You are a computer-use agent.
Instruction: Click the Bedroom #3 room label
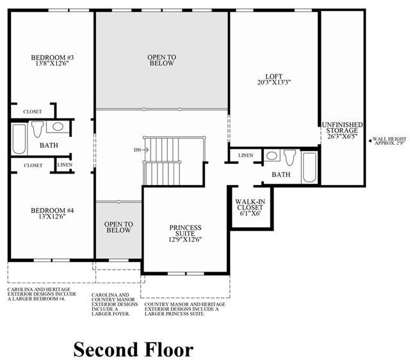pyautogui.click(x=53, y=57)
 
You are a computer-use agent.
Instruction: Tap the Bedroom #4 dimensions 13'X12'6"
pyautogui.click(x=52, y=217)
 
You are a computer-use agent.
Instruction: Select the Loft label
pyautogui.click(x=274, y=76)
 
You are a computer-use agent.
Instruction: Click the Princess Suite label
pyautogui.click(x=185, y=231)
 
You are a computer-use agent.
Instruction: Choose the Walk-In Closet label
pyautogui.click(x=250, y=204)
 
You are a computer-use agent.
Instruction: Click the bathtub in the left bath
pyautogui.click(x=19, y=138)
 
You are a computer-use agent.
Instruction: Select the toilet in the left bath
pyautogui.click(x=37, y=129)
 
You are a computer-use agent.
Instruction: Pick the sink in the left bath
pyautogui.click(x=58, y=127)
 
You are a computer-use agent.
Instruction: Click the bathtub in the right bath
pyautogui.click(x=309, y=167)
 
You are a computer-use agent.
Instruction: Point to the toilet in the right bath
pyautogui.click(x=290, y=158)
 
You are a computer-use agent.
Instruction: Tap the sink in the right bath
pyautogui.click(x=272, y=156)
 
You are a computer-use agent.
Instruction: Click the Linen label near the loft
pyautogui.click(x=246, y=155)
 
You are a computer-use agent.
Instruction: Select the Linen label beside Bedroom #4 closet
pyautogui.click(x=65, y=165)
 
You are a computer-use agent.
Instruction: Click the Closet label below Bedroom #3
pyautogui.click(x=33, y=111)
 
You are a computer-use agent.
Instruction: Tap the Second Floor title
pyautogui.click(x=133, y=350)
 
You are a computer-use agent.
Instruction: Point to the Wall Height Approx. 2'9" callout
pyautogui.click(x=388, y=141)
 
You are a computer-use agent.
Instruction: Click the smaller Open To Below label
pyautogui.click(x=119, y=227)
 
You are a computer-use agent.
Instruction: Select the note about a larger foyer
pyautogui.click(x=115, y=304)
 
